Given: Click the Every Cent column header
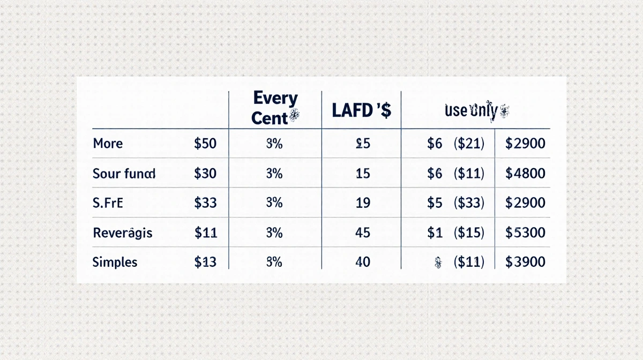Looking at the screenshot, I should (275, 108).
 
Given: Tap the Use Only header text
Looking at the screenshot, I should (475, 111).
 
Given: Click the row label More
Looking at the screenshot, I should (108, 144).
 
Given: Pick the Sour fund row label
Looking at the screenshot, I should (124, 173).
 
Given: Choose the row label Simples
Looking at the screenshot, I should (115, 262).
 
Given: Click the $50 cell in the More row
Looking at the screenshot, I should (206, 144).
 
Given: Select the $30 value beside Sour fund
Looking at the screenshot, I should (206, 173).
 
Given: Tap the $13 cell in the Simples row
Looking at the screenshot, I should (206, 262).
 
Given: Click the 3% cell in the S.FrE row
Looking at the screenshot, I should (274, 203).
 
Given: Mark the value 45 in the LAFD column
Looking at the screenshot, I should (363, 232).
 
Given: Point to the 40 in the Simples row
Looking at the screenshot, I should (363, 262).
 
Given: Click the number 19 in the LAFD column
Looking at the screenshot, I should (363, 203).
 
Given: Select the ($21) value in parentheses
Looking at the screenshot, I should (468, 144).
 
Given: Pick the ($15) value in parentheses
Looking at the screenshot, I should (468, 232).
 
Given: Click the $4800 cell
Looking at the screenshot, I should (526, 173).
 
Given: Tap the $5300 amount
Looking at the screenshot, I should (526, 232).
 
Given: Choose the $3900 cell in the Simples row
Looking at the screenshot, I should (526, 262).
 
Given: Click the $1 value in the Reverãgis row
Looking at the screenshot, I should (434, 232).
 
